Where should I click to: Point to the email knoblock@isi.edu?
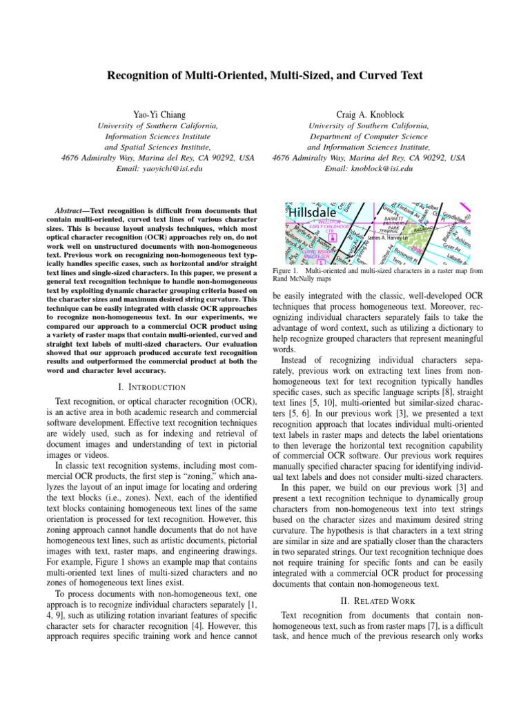[369, 168]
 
